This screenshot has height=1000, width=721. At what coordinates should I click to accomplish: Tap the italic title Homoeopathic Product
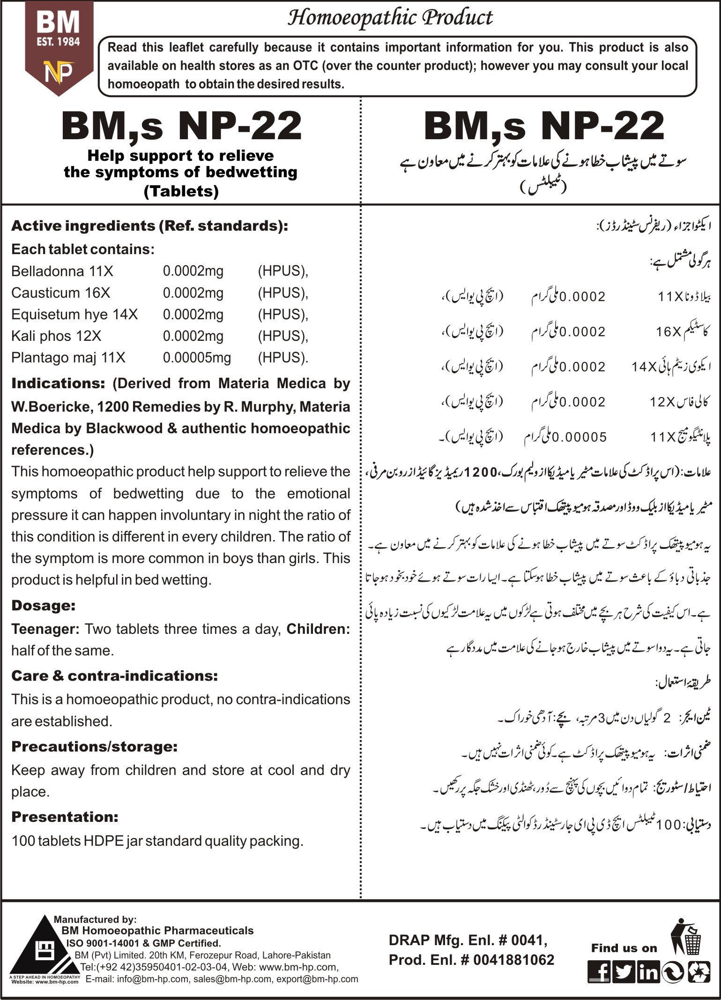tap(390, 18)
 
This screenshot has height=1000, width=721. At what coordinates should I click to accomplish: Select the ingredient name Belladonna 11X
tap(62, 271)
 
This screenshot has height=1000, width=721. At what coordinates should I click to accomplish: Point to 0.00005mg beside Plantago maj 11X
tap(197, 358)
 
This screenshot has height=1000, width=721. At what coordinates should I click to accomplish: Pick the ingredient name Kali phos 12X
tap(56, 336)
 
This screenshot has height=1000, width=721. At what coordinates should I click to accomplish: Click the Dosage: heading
tap(43, 605)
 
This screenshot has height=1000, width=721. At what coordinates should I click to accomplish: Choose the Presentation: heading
tap(65, 817)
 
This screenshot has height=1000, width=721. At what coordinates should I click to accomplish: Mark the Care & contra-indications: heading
tap(114, 676)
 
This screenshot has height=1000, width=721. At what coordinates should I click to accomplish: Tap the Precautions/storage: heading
tap(94, 746)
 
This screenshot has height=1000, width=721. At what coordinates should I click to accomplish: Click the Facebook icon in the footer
tap(599, 971)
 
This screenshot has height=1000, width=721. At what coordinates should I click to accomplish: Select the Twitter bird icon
tap(623, 971)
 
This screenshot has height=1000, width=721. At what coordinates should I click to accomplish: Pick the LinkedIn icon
tap(648, 971)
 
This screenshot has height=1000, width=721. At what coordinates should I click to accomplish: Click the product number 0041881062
tap(513, 960)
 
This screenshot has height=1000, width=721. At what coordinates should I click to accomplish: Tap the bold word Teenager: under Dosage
tap(45, 629)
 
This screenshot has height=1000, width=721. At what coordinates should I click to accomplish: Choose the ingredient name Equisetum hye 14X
tap(74, 314)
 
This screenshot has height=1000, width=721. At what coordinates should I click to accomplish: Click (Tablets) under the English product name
tap(181, 191)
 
